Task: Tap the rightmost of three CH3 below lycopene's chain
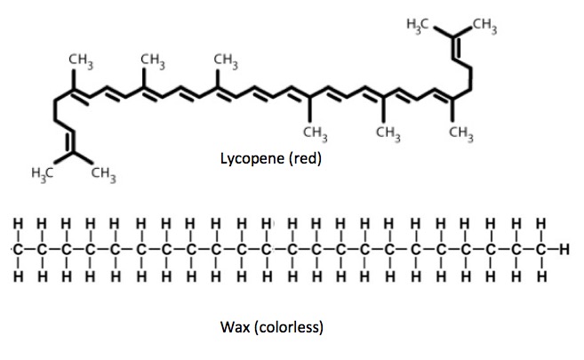(460, 133)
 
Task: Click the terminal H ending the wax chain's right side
(564, 247)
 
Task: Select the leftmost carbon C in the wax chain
(17, 247)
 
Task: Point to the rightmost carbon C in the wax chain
(541, 247)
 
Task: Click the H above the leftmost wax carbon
(17, 220)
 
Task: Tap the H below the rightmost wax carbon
(541, 276)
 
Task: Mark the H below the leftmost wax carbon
(17, 276)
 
